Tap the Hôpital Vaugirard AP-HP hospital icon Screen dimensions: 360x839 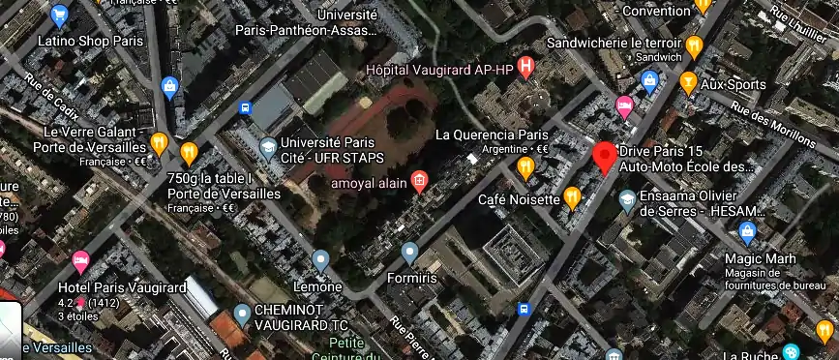[x=525, y=67]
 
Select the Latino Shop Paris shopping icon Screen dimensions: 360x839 [x=60, y=15]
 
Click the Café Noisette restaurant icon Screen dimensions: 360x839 [x=572, y=197]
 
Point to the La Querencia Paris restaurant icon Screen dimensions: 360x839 [x=525, y=168]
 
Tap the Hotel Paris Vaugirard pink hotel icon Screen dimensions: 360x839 [x=80, y=259]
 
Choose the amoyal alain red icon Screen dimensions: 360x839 [x=419, y=180]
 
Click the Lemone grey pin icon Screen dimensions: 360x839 [x=320, y=259]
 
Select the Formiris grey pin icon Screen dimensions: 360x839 [x=410, y=254]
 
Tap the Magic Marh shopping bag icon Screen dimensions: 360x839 [x=747, y=232]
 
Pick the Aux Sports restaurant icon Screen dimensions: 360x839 [x=688, y=82]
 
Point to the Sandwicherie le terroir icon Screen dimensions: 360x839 [x=694, y=45]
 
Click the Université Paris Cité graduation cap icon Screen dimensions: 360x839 [x=268, y=147]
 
